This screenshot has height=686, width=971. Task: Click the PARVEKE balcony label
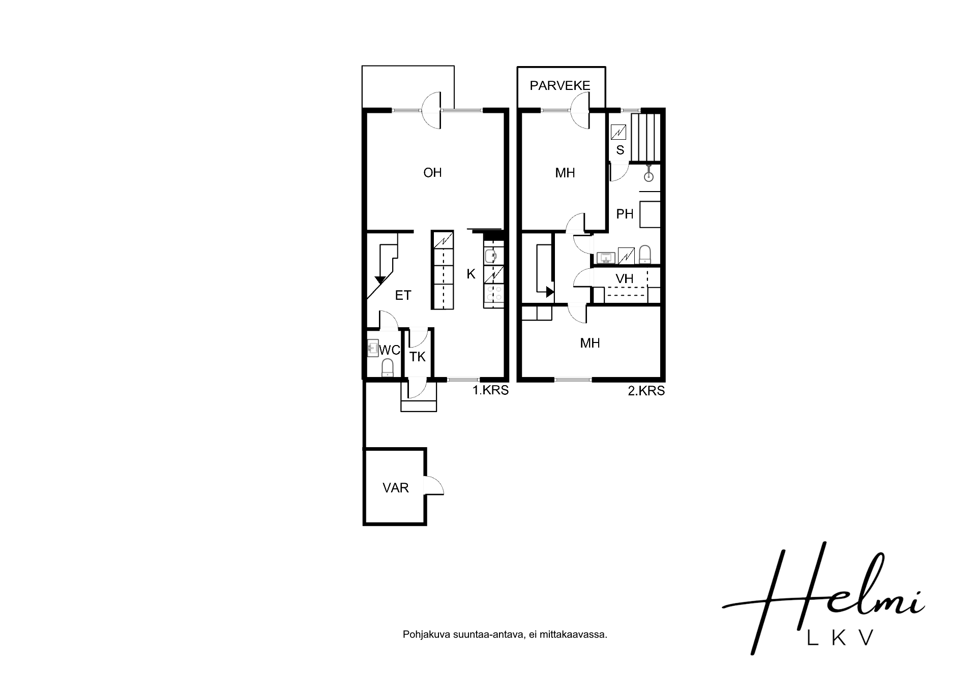[560, 85]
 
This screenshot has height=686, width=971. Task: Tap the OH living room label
[432, 173]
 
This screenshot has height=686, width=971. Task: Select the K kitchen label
[471, 274]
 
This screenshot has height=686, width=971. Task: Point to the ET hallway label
[403, 295]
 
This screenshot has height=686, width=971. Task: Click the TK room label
[418, 357]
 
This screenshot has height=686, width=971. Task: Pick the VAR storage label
[396, 488]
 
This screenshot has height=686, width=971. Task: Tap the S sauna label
[620, 150]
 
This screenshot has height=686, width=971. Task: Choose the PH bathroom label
[625, 214]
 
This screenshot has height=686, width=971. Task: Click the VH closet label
[625, 278]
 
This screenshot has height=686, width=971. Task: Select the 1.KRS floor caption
[490, 390]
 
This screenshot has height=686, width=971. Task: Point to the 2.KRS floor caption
[646, 390]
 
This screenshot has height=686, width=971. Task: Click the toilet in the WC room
[388, 367]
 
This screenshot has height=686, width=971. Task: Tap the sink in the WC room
[372, 348]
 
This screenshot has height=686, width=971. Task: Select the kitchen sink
[492, 256]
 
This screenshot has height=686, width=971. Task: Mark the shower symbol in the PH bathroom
[649, 174]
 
